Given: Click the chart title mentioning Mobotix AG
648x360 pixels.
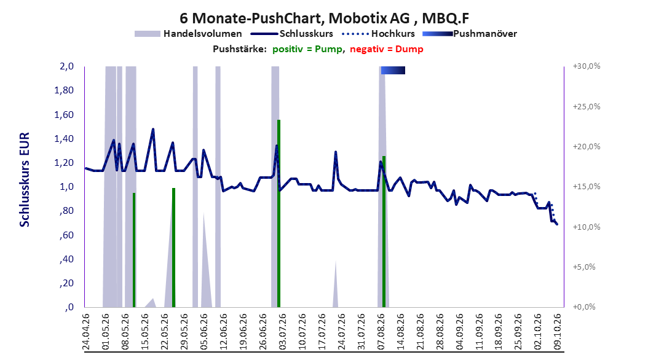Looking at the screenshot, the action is point(324,18).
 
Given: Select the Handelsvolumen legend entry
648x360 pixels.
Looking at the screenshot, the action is point(188,34).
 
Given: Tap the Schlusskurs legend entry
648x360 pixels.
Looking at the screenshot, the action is point(292,34).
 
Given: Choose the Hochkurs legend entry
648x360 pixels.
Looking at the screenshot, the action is point(378,34).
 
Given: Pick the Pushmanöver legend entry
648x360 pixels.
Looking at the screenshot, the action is point(470,34).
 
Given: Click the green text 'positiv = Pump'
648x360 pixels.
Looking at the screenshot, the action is point(307,49).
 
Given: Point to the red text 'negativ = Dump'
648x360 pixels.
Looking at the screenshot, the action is point(387,49).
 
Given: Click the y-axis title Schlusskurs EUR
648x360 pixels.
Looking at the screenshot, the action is point(25,179).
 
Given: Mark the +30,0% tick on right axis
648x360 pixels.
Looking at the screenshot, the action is point(587,66).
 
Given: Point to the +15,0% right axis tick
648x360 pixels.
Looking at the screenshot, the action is point(587,187).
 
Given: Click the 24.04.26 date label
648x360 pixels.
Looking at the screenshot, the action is point(86,332).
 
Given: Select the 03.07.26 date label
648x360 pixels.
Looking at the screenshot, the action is point(283,332).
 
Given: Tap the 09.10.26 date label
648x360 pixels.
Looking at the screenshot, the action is point(558,332).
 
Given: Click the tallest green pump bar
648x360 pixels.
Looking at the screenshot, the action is point(279,213).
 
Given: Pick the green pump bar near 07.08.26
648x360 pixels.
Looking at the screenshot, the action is point(384,232).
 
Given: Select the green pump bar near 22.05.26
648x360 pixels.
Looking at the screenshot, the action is point(173,248).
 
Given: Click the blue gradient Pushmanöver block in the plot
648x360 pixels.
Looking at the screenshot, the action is point(393,70).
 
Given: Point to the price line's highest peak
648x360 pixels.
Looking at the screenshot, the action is point(153,129).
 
